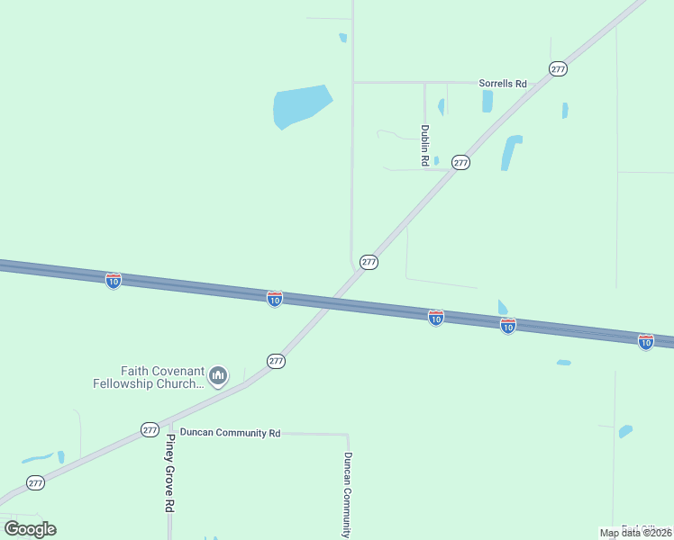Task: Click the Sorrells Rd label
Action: click(502, 84)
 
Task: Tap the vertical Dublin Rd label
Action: click(424, 145)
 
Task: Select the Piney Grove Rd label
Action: click(169, 473)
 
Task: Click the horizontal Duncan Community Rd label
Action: click(230, 433)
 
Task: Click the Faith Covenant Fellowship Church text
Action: click(149, 377)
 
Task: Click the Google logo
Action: click(30, 528)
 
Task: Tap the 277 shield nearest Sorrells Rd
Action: click(558, 69)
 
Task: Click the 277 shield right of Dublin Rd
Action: click(460, 163)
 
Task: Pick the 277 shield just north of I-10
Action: click(369, 262)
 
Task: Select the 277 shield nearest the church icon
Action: click(276, 361)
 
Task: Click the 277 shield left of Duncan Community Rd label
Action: click(150, 430)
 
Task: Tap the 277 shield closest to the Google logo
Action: click(35, 483)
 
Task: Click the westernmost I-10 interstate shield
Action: click(113, 281)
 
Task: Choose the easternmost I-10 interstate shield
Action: click(645, 342)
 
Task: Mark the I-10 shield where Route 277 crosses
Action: click(275, 298)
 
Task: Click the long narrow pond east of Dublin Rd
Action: click(511, 152)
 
